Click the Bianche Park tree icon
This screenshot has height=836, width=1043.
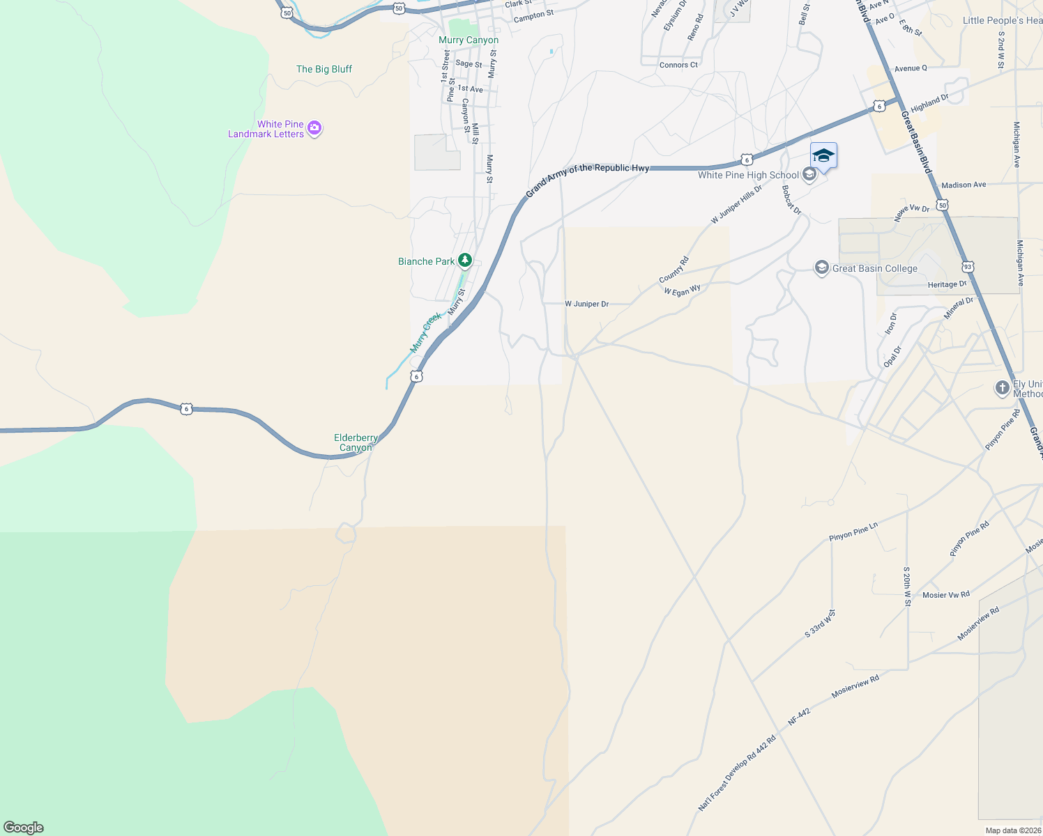465,261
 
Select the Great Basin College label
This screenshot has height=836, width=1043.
874,268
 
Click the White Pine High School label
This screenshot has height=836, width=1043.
748,175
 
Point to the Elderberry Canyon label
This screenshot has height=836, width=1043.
356,442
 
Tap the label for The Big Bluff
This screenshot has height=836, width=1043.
324,69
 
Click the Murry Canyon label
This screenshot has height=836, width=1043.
469,40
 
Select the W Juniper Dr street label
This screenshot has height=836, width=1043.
586,304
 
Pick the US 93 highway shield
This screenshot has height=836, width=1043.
967,266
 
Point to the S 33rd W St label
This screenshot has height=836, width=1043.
820,624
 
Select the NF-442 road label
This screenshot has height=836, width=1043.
799,717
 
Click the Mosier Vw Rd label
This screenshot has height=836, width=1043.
945,595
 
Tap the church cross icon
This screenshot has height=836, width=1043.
1002,388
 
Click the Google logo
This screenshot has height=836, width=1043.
24,827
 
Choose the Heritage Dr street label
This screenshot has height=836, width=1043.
947,284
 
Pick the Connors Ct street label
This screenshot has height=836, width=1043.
678,65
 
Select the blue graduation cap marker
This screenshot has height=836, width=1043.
823,155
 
